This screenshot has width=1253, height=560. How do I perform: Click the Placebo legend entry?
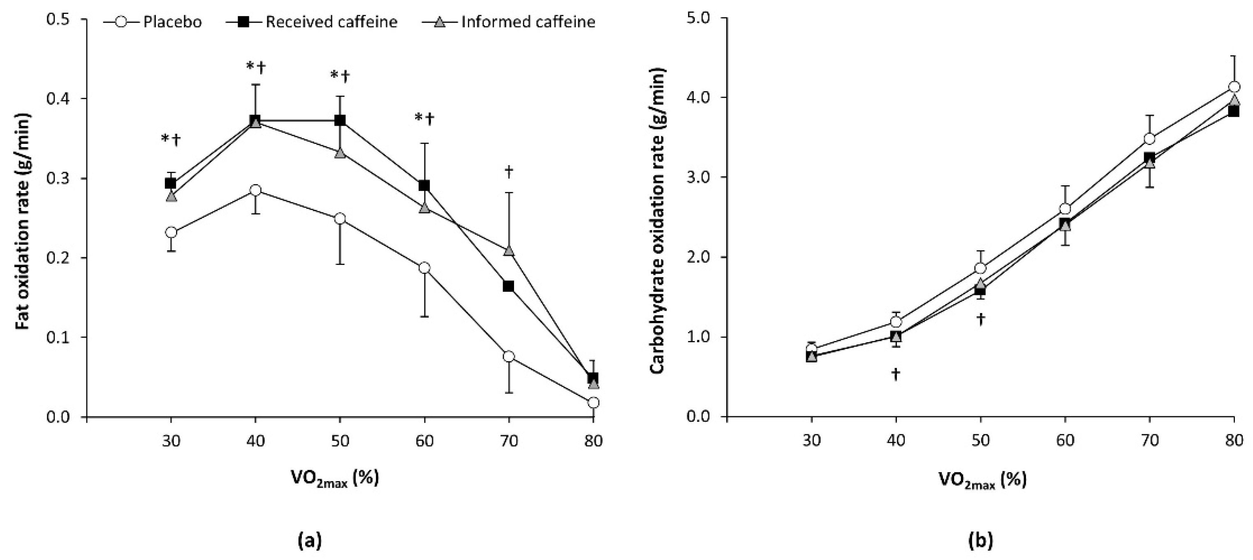point(153,22)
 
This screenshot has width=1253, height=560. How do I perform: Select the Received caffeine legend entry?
point(312,22)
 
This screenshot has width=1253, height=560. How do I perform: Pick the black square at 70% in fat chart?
point(508,286)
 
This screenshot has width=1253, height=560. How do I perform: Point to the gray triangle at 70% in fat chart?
point(509,250)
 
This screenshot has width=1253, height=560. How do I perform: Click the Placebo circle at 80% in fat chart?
point(593,403)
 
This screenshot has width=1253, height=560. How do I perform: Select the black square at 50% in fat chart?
point(340,120)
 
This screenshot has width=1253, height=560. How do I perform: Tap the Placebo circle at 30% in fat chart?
point(171,233)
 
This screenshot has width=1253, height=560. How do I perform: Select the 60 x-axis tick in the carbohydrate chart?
point(1065,440)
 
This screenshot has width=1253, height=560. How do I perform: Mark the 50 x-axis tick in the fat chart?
point(340,440)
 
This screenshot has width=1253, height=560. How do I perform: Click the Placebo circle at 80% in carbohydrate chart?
point(1234,87)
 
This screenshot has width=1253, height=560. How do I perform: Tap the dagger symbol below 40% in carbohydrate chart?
point(896,374)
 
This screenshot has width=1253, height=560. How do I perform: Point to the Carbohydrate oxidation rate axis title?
point(657,221)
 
